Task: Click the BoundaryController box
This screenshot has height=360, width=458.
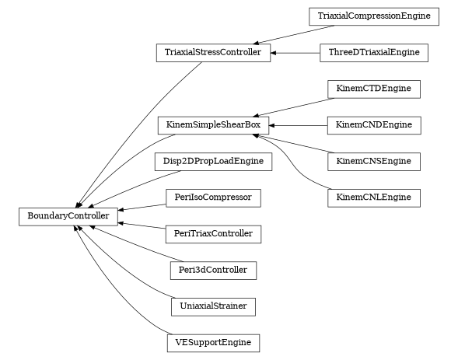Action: pos(68,215)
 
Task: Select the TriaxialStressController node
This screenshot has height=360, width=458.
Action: pos(213,53)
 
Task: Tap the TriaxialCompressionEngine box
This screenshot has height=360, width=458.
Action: pos(373,16)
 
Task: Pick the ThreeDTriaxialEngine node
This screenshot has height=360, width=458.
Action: pos(374,53)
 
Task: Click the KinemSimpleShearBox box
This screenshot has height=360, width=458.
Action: pos(213,125)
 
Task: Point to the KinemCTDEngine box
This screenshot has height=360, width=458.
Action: pos(374,89)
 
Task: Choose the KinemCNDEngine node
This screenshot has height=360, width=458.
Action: pos(374,125)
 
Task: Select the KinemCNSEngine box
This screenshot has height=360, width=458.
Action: pos(374,161)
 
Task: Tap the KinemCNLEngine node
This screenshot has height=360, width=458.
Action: pos(374,197)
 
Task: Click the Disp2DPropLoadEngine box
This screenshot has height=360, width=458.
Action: pos(213,161)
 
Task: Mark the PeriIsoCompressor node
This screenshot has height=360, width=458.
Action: pos(213,197)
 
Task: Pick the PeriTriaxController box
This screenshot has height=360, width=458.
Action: pos(213,233)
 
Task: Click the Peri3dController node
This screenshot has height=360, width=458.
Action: pos(213,270)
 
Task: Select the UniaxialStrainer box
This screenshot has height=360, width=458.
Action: pos(213,306)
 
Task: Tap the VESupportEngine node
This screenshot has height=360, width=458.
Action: pos(213,342)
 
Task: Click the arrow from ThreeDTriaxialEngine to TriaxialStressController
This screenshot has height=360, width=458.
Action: pos(295,53)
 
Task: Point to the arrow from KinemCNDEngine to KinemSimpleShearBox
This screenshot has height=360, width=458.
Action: pos(299,125)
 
